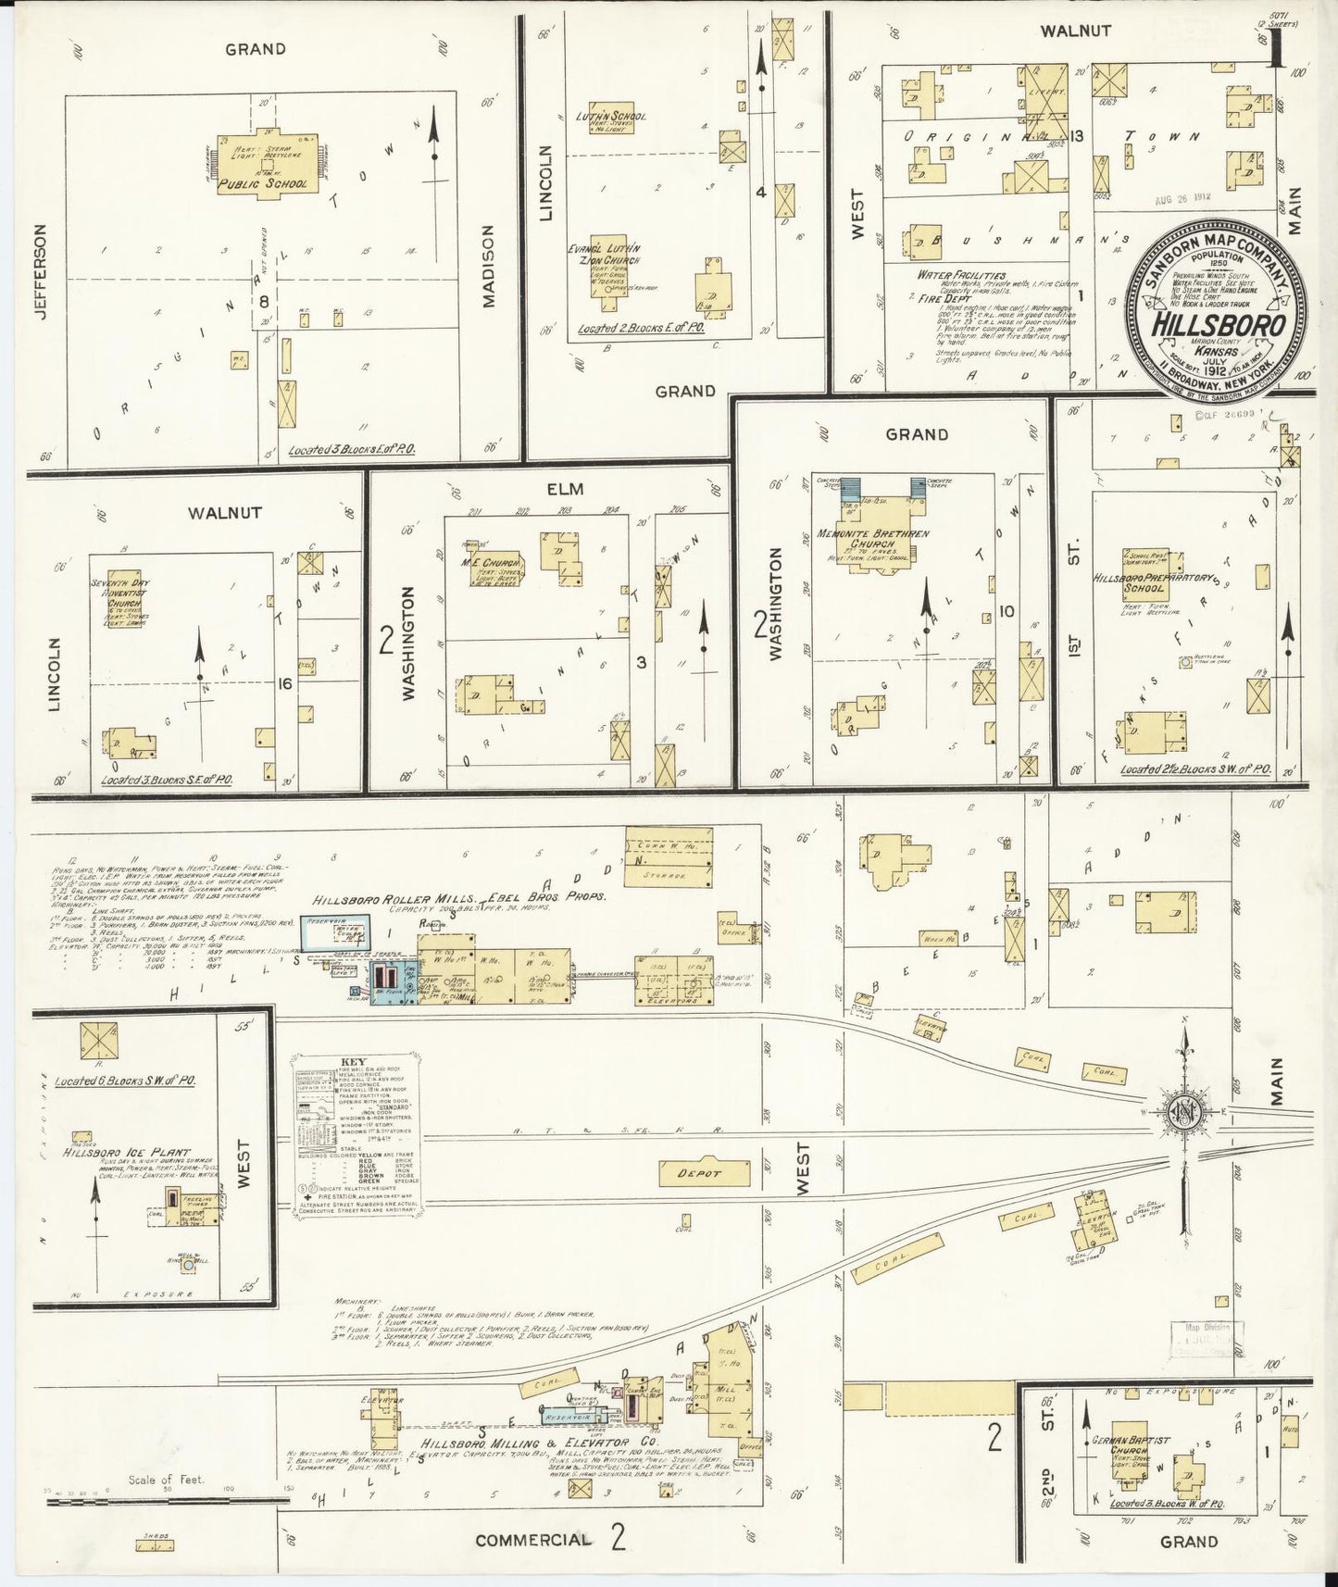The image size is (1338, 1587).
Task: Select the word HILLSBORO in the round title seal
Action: [x=1218, y=325]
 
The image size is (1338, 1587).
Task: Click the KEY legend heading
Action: [x=354, y=1062]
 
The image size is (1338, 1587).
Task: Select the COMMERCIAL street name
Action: [x=532, y=1540]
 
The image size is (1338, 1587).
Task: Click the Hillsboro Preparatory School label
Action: [x=1144, y=581]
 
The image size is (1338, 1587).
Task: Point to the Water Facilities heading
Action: [x=961, y=275]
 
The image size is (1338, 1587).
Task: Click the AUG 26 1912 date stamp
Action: [x=1182, y=198]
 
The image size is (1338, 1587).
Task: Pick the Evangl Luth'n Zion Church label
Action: [x=604, y=255]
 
